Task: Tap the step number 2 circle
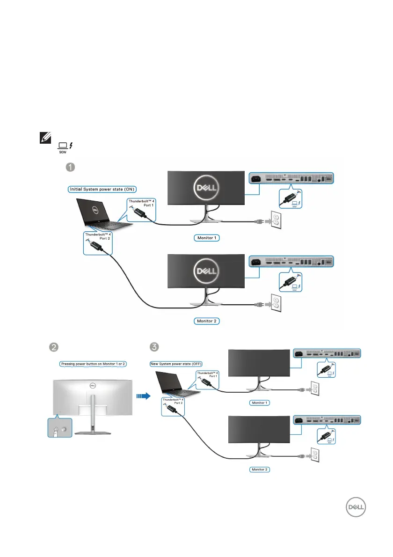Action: (54, 347)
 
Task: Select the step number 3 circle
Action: (154, 347)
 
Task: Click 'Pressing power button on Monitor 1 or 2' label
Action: (94, 364)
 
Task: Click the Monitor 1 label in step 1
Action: (206, 238)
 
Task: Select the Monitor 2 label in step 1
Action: (206, 322)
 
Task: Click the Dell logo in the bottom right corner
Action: (355, 508)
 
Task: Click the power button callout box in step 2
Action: (60, 427)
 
